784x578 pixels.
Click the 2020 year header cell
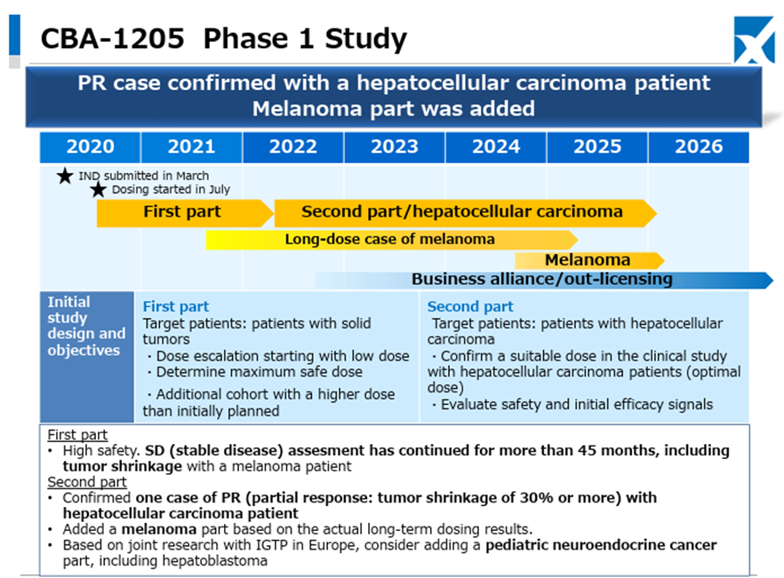pos(90,146)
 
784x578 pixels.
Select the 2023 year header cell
pos(395,146)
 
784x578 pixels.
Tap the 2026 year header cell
pos(699,146)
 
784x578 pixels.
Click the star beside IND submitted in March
pos(65,176)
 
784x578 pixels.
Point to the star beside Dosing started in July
pos(99,189)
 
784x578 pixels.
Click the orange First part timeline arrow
pos(185,213)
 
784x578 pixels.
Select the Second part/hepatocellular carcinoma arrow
pos(466,213)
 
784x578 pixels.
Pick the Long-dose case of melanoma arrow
pos(392,240)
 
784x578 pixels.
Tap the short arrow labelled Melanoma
pos(590,261)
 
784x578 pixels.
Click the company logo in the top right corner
pos(754,40)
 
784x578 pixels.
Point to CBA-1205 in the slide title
pos(113,38)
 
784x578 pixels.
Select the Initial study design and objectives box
pos(87,357)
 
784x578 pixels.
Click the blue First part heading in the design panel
pos(176,306)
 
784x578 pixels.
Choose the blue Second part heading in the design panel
pos(470,306)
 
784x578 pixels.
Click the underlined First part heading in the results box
pos(77,435)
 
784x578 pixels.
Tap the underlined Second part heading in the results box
pos(87,482)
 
